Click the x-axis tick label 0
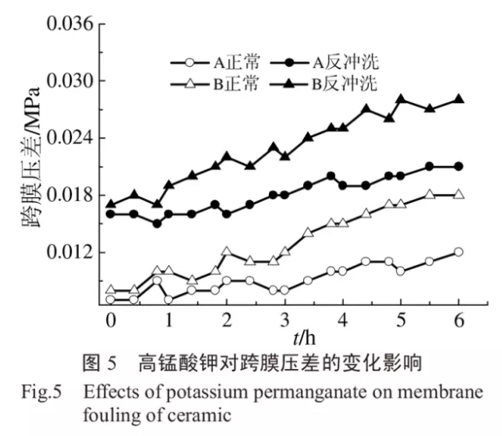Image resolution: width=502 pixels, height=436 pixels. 110,319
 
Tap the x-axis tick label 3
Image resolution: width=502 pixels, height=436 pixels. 285,319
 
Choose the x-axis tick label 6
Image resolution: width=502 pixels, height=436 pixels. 459,319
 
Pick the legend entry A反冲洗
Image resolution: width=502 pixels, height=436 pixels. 333,61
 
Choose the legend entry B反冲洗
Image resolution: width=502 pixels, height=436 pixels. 334,84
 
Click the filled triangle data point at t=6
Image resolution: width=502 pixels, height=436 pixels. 459,100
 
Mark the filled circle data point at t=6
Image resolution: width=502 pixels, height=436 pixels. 459,166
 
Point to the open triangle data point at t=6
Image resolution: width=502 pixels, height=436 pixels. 459,195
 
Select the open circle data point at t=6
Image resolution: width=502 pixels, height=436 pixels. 459,252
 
